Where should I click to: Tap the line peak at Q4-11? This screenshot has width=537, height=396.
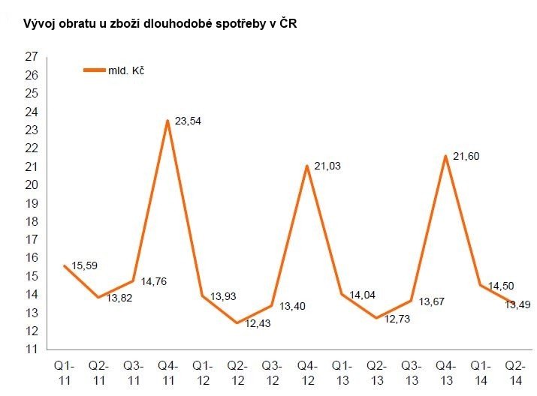(x=167, y=120)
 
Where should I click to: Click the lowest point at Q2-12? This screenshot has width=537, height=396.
(x=237, y=323)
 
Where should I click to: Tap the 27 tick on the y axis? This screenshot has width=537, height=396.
(x=32, y=57)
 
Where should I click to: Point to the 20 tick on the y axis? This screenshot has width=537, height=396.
(x=32, y=184)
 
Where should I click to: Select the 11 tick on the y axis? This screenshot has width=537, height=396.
(x=32, y=349)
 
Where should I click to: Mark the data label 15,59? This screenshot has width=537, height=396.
(x=86, y=266)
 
